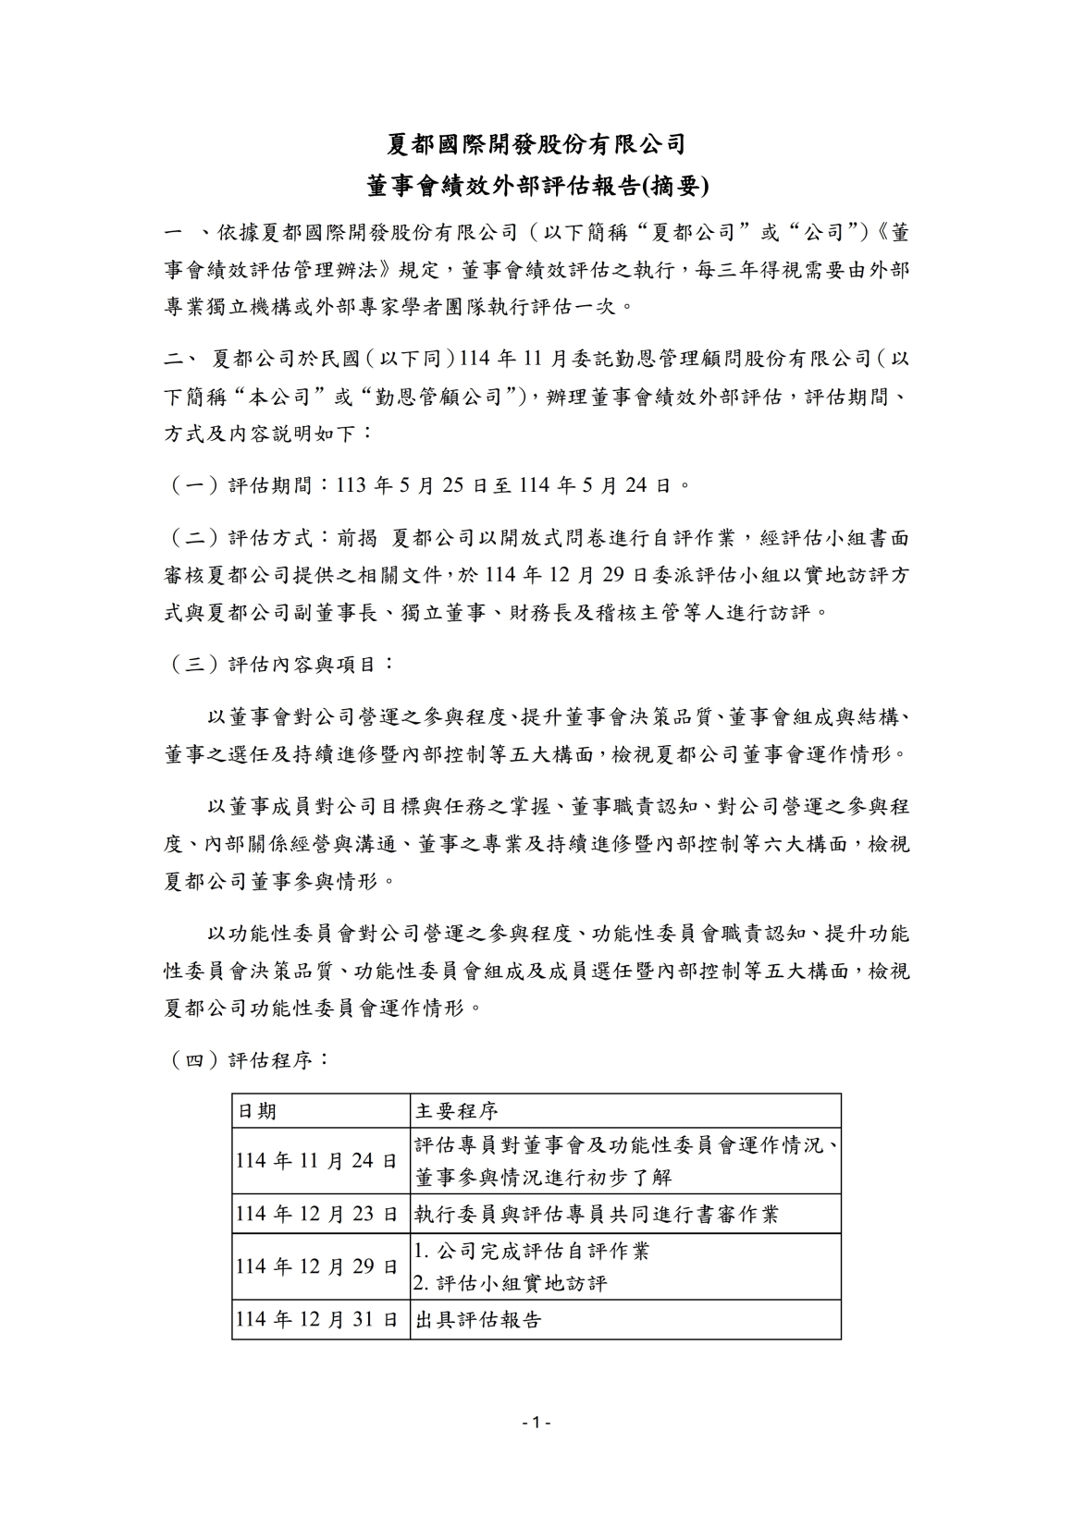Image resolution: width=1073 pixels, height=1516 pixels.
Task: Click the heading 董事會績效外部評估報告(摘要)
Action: pos(536,186)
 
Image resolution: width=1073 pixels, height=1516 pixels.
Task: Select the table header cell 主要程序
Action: pos(457,1111)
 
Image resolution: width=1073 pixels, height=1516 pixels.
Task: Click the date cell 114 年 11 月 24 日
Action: pos(317,1161)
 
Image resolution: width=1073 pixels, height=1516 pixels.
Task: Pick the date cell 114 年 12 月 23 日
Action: pos(317,1214)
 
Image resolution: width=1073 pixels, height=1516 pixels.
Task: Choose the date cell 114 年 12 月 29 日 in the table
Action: pos(317,1266)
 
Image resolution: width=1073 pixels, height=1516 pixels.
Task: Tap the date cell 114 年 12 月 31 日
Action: pos(317,1320)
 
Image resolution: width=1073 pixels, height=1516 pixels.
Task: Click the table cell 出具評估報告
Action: pos(478,1320)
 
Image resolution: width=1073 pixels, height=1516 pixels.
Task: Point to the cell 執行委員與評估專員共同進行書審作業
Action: pos(597,1214)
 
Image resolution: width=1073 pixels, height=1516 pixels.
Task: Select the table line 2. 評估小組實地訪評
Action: pos(511,1284)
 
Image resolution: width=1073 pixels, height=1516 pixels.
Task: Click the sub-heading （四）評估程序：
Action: pos(248,1059)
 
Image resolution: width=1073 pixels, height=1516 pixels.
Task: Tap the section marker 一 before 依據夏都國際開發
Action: pos(174,230)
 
